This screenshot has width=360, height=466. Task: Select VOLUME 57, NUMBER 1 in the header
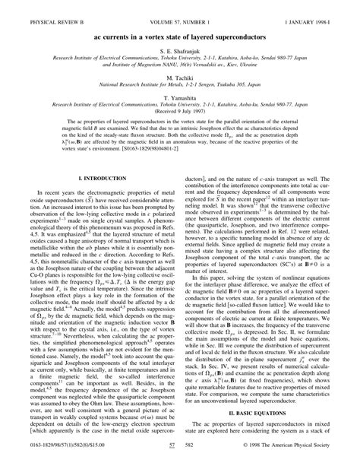click(x=180, y=10)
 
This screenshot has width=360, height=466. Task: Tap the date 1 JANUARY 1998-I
click(x=319, y=10)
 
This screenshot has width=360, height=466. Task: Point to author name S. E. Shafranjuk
click(x=180, y=49)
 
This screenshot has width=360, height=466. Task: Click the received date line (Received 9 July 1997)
click(x=180, y=119)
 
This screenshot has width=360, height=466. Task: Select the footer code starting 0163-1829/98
click(x=46, y=454)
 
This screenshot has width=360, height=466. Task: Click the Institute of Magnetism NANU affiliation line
click(x=180, y=65)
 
